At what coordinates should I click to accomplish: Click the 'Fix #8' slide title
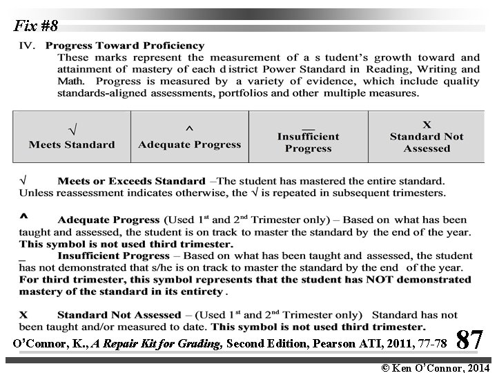coord(36,27)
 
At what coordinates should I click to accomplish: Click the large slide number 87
coord(469,340)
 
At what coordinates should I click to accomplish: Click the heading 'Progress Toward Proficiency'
coord(135,46)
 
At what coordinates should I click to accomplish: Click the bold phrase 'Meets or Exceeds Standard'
coord(131,181)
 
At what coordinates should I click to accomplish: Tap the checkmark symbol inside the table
coord(72,128)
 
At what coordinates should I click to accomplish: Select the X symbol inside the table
coord(427,125)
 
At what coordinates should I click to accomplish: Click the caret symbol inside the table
coord(190,129)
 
